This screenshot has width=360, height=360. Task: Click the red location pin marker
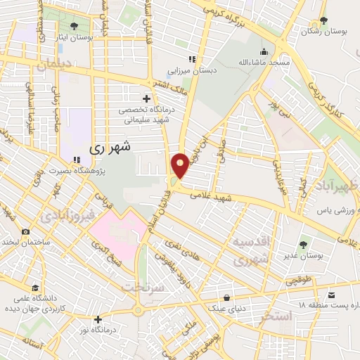(180, 165)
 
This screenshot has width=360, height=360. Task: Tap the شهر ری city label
(112, 148)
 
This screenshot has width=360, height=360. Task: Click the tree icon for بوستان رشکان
(323, 20)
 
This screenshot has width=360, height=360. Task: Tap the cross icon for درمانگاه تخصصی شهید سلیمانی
(146, 98)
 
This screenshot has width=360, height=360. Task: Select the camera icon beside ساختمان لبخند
(25, 231)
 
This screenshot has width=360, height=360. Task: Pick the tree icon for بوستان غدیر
(303, 245)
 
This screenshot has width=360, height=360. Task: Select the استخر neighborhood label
(276, 315)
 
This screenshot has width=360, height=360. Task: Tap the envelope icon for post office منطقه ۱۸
(332, 295)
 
